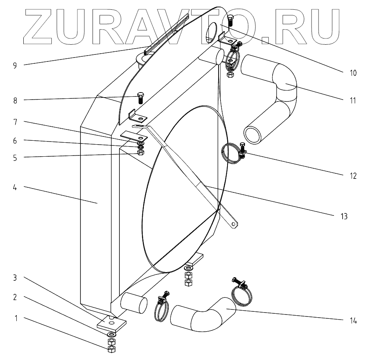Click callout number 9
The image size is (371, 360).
point(15,65)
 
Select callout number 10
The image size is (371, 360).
point(353,73)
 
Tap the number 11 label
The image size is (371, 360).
point(353,100)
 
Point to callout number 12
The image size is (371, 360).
point(353,176)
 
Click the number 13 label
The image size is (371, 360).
point(343,216)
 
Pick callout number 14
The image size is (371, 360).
point(353,321)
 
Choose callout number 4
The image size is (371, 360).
point(15,188)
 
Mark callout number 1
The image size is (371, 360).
point(16,318)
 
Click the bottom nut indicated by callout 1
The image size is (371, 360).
point(111,349)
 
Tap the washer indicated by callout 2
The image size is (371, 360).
point(111,335)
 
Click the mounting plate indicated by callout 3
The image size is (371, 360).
point(111,323)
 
